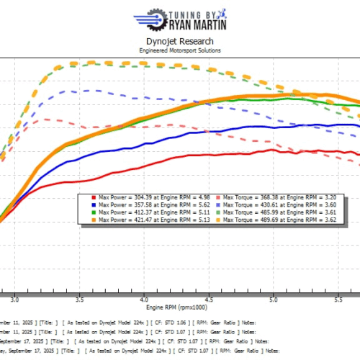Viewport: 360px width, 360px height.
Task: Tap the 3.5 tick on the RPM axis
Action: pyautogui.click(x=80, y=296)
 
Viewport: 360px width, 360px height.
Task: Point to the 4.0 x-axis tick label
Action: pyautogui.click(x=145, y=296)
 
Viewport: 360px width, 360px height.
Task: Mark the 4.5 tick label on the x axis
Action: pyautogui.click(x=209, y=296)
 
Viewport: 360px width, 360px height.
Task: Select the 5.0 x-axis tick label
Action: pyautogui.click(x=273, y=296)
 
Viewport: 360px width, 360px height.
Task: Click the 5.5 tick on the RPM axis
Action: pyautogui.click(x=337, y=296)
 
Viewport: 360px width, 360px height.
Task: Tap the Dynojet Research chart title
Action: pyautogui.click(x=179, y=42)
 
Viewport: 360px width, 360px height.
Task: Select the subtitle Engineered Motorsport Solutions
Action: pyautogui.click(x=179, y=50)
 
